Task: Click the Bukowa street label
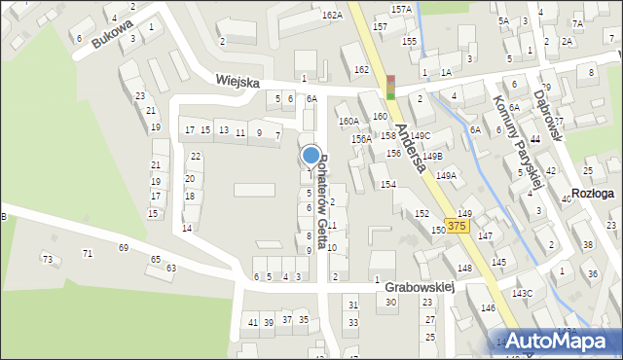coord(110,36)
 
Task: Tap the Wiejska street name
coord(238,83)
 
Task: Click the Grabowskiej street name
coord(420,288)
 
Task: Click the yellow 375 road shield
coord(458,226)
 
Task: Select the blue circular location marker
coord(311,155)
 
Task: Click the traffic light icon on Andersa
coord(391,88)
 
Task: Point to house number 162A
coord(333,15)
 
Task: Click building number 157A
coord(401,9)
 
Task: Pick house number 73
coord(47,259)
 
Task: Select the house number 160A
coord(348,121)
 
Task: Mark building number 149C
coord(420,135)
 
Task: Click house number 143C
coord(523,293)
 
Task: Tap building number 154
coord(387,184)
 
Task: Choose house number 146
coord(488,307)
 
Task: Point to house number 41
coord(252,322)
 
